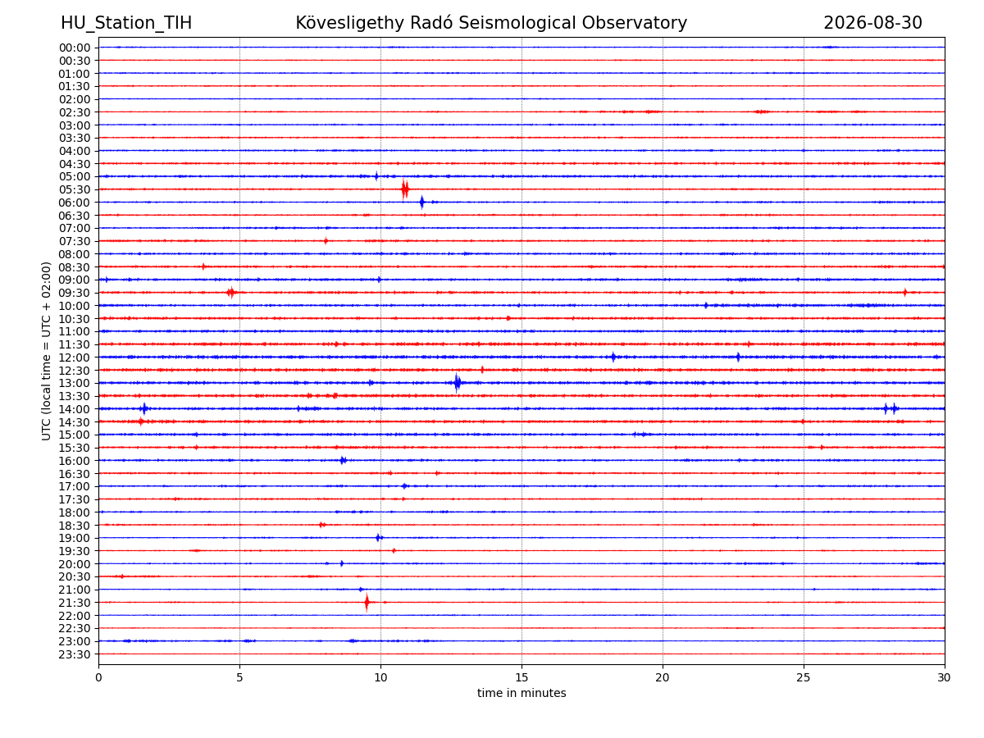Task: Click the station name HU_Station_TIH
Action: pos(126,23)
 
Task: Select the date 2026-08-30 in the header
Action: pos(872,23)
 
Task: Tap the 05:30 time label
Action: pos(75,189)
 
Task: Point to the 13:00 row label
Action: pos(75,383)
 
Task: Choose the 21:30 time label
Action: pos(75,603)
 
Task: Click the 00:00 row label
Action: pos(75,48)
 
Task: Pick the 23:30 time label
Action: pos(75,654)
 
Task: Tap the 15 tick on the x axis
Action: pos(522,677)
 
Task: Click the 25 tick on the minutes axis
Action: pos(804,677)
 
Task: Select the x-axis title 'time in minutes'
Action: pos(522,693)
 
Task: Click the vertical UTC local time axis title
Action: pos(46,351)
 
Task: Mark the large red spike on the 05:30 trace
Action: pos(405,189)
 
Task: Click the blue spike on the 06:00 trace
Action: pos(421,202)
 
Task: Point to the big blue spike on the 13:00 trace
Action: pos(457,383)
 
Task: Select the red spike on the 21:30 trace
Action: pos(367,602)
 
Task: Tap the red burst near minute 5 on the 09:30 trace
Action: pos(231,293)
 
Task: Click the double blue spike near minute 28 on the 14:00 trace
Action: pos(890,408)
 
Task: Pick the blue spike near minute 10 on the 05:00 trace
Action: pos(376,176)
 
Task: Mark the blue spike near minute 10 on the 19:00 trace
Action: pos(378,538)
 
